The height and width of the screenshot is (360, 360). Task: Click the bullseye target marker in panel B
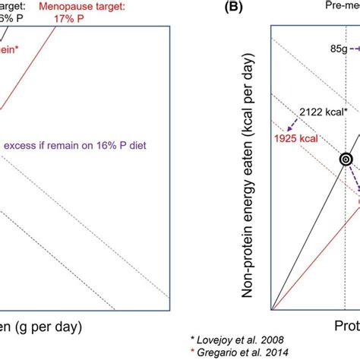click(x=346, y=160)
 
